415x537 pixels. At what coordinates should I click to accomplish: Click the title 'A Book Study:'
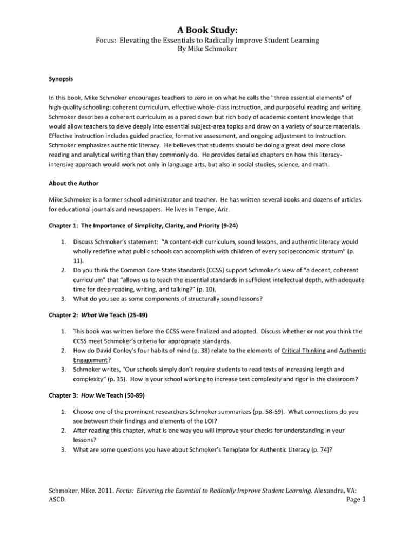(x=207, y=10)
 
